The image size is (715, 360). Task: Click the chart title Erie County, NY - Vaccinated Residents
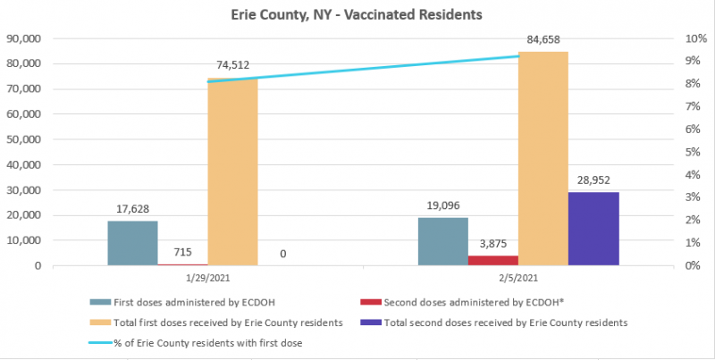(x=357, y=15)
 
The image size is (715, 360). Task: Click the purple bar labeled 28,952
(x=594, y=229)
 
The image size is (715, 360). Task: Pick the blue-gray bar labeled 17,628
(x=132, y=243)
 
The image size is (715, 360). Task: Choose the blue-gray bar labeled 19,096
(x=443, y=241)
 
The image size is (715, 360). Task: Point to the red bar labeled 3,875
(x=492, y=260)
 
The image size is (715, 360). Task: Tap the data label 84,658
(x=543, y=39)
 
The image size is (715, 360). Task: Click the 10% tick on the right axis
(x=671, y=39)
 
